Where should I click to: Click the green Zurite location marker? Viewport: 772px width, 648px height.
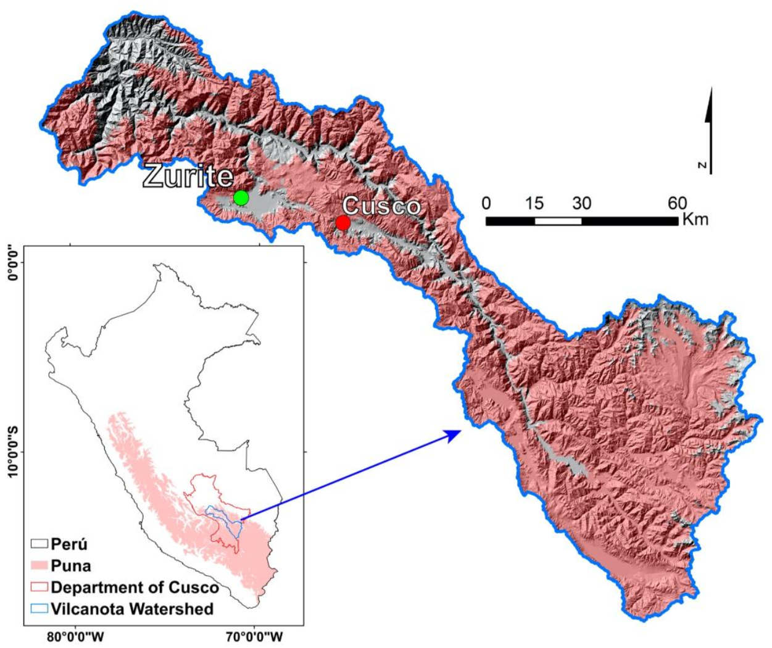click(x=241, y=197)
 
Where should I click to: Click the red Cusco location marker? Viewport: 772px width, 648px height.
click(x=343, y=223)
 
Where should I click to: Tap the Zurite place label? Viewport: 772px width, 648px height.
click(x=188, y=177)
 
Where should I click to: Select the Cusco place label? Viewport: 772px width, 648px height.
click(x=381, y=206)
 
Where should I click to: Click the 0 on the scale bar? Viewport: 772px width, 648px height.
click(x=486, y=203)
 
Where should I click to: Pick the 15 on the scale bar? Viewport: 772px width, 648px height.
click(x=534, y=203)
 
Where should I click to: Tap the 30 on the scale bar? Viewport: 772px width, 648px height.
click(x=581, y=203)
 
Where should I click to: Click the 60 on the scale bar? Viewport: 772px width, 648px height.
click(x=677, y=203)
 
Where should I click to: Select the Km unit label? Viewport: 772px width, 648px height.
click(x=695, y=219)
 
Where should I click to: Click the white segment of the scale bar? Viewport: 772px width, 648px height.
click(x=558, y=221)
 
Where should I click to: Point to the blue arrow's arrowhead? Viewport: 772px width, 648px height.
click(x=455, y=434)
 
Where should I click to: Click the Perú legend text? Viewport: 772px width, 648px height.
click(x=69, y=544)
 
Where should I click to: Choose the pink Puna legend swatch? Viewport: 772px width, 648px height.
click(x=39, y=565)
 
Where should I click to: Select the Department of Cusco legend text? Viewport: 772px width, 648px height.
click(x=135, y=587)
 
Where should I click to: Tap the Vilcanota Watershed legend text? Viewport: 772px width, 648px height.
click(x=132, y=609)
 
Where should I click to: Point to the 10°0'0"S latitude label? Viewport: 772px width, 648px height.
click(x=13, y=451)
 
